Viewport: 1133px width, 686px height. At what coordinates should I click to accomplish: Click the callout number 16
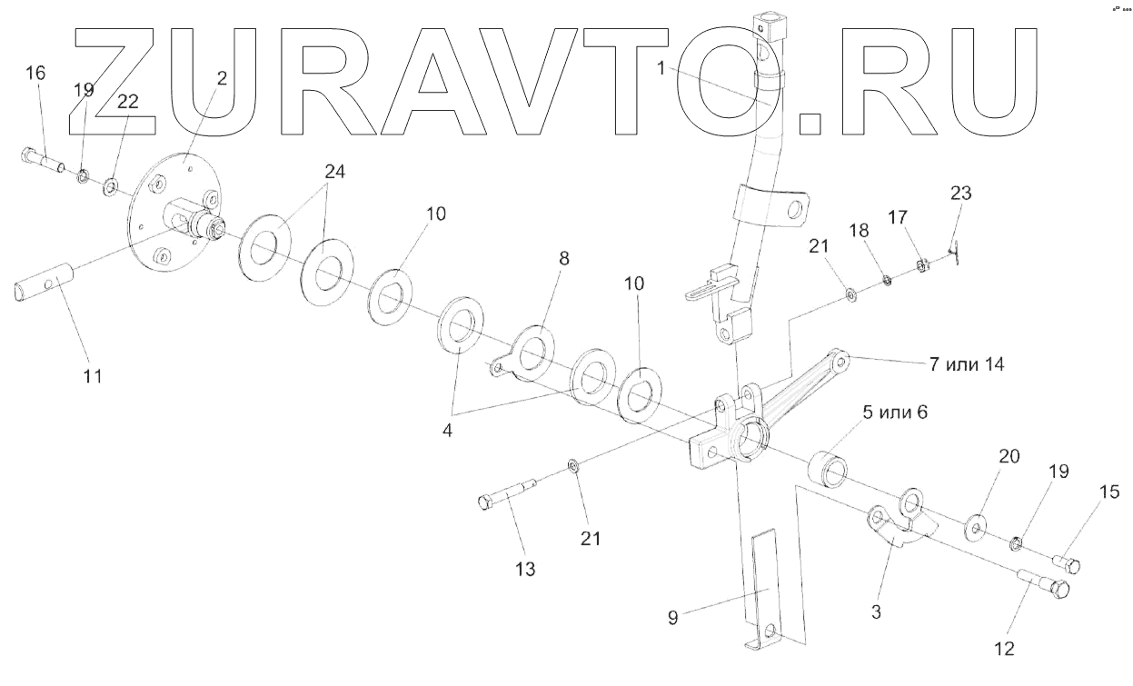(x=35, y=75)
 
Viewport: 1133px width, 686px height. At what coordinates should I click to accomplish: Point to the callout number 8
(x=564, y=259)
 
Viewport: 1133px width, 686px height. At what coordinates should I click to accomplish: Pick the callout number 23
(x=960, y=193)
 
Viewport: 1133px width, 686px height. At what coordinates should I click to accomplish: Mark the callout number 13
(x=524, y=570)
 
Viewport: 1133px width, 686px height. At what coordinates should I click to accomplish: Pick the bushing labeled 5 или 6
(x=828, y=466)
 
